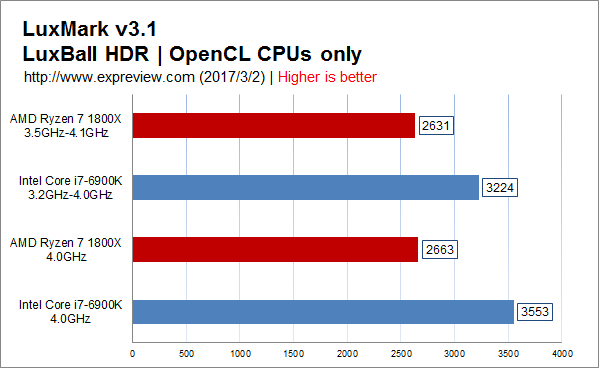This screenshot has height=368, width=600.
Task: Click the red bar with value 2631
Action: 274,125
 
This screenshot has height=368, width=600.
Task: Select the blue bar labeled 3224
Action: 306,187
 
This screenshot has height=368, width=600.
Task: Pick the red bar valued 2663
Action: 275,249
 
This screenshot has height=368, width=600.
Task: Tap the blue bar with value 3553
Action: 323,312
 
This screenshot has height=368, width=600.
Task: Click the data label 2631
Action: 436,125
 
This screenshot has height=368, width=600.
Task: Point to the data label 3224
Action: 500,187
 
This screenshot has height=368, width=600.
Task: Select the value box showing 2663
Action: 440,249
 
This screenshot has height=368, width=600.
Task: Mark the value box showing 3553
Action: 535,312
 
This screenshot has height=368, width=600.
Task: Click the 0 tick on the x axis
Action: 132,354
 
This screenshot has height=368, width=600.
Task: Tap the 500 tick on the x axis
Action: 186,354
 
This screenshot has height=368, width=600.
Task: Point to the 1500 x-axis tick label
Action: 293,354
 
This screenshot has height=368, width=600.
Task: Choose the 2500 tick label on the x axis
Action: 401,354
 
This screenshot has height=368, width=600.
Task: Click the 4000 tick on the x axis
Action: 562,354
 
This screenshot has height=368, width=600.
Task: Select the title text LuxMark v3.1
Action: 90,29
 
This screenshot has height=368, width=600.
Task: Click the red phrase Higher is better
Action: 327,77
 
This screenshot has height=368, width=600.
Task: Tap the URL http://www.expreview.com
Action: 109,77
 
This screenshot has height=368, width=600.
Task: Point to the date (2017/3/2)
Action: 232,77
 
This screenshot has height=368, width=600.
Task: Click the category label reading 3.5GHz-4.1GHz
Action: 66,133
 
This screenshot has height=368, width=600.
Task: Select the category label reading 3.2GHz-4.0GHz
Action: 70,195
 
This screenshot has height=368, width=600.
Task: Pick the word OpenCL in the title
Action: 209,54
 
